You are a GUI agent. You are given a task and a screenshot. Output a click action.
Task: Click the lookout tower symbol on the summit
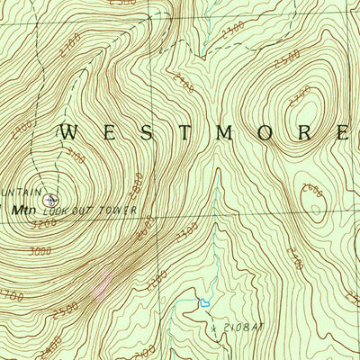[49, 199]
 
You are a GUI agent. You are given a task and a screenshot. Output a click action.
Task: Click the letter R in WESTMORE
[301, 132]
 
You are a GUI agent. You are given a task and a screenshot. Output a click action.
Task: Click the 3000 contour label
[40, 254]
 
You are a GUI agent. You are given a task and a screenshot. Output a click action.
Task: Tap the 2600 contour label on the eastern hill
[311, 188]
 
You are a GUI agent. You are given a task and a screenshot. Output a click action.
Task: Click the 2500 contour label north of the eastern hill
[290, 58]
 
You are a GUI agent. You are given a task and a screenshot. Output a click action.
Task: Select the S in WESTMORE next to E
[142, 132]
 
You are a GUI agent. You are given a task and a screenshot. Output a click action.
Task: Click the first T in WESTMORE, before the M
[180, 132]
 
